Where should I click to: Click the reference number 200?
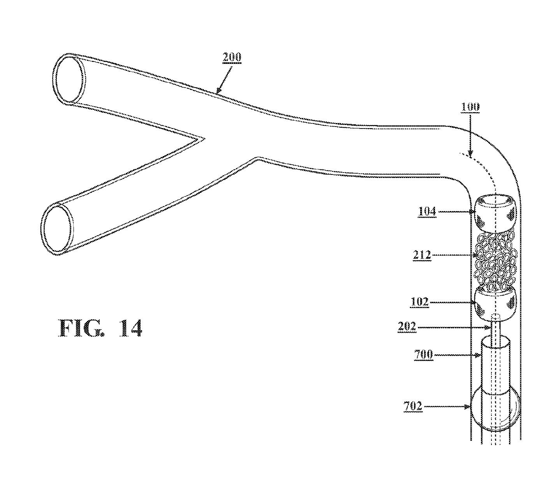[x=232, y=57]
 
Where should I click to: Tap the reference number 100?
[x=470, y=107]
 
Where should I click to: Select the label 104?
[x=427, y=211]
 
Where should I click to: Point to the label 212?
[x=422, y=255]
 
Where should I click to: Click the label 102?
[x=420, y=302]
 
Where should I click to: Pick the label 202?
[x=407, y=326]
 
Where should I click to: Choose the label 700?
[x=423, y=355]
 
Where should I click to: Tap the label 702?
[x=413, y=406]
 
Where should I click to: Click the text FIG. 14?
[x=100, y=328]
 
